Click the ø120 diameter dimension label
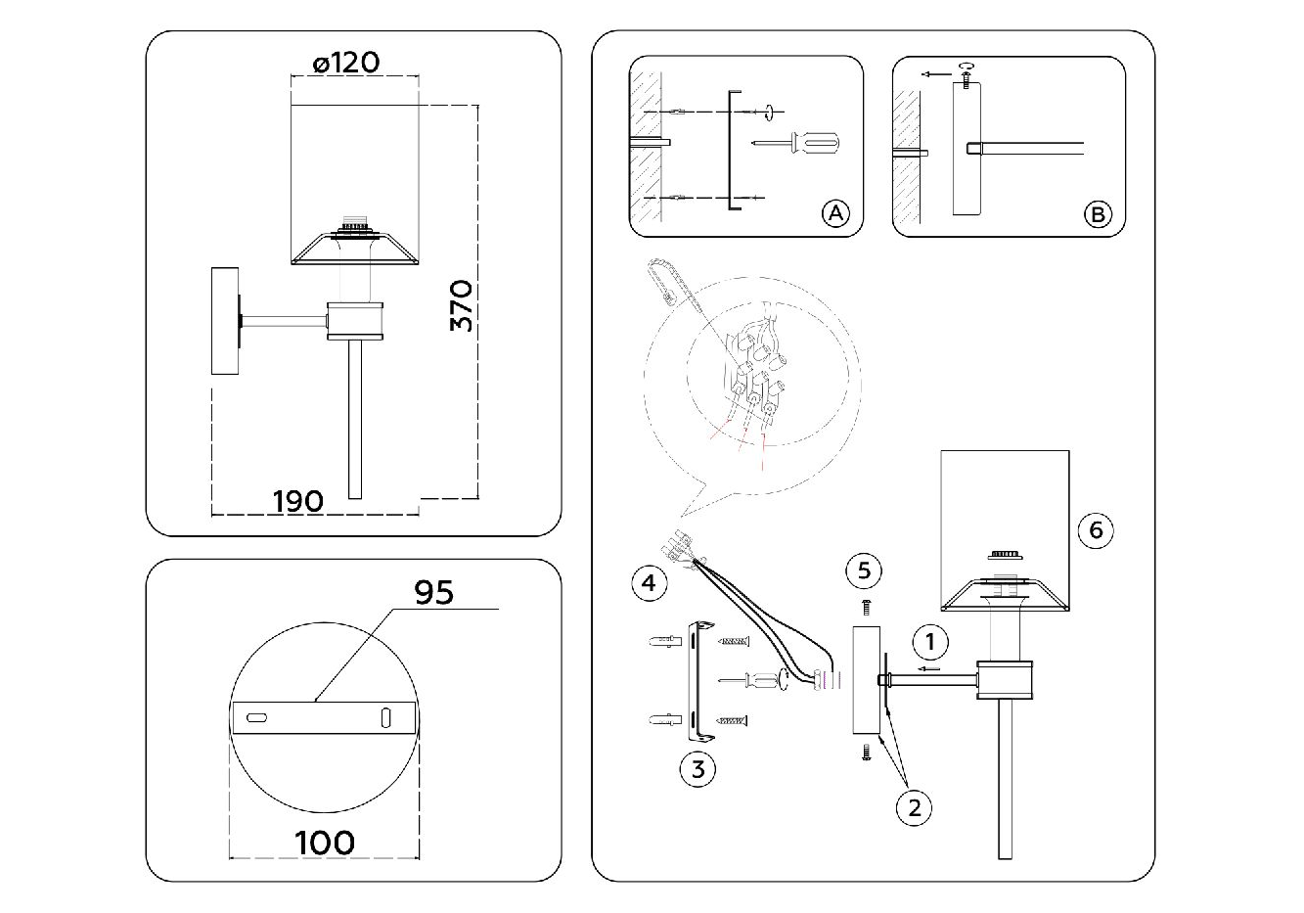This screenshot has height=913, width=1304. pos(346,63)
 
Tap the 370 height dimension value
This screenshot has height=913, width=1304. pos(462,305)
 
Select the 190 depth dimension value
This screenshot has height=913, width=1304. pos(297,501)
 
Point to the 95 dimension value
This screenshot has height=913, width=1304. pos(434,592)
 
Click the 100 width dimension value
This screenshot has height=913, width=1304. pos(324,842)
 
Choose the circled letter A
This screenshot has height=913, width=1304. pos(834,213)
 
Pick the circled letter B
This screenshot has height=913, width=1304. pos(1098,213)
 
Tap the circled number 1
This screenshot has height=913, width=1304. pos(930,642)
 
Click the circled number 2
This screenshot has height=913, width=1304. pos(915,807)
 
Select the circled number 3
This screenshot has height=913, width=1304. pos(697,769)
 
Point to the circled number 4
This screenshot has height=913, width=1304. pos(649,584)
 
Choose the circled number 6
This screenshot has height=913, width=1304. pos(1096,529)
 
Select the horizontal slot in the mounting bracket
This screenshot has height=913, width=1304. pos(257,718)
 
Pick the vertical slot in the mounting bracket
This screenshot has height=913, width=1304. pos(385,717)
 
